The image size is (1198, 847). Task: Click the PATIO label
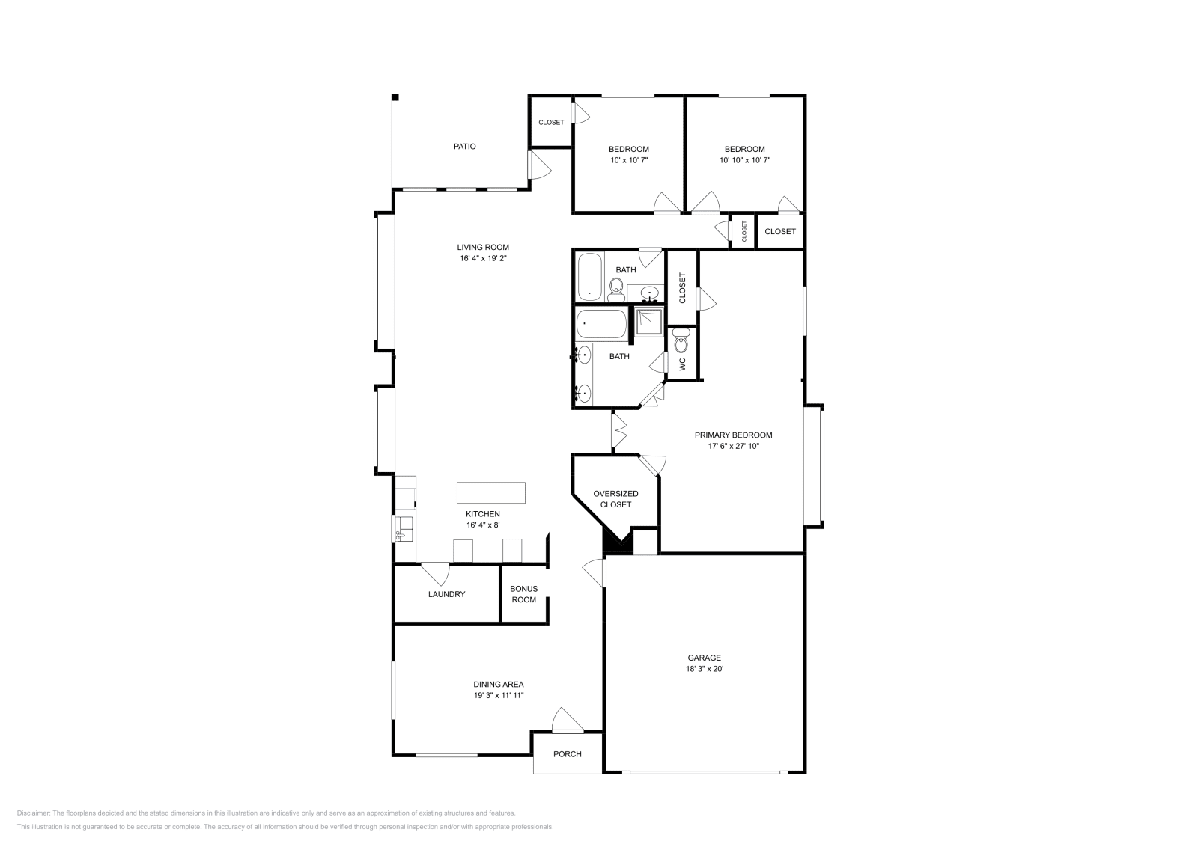point(464,147)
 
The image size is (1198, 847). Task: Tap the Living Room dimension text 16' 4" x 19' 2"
point(483,259)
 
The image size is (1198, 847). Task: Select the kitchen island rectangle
point(491,492)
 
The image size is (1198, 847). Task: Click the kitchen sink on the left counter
point(404,529)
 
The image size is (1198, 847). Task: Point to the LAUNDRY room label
point(446,594)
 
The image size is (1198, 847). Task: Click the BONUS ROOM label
point(523,594)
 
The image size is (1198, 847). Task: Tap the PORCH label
point(568,754)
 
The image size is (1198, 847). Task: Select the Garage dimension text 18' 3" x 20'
point(705,668)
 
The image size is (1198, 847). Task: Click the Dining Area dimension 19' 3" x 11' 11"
point(499,695)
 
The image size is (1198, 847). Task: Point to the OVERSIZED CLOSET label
point(615,499)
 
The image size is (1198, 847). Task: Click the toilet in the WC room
point(681,341)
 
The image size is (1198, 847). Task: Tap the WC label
point(682,364)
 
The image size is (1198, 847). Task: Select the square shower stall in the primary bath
point(648,321)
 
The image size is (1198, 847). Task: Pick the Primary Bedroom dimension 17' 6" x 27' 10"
point(733,446)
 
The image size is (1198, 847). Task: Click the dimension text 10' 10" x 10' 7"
point(744,160)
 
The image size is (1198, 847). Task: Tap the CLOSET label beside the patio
point(551,123)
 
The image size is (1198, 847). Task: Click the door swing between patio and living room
point(540,165)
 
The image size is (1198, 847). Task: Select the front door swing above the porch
point(568,719)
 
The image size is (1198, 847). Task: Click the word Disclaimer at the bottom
point(33,813)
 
